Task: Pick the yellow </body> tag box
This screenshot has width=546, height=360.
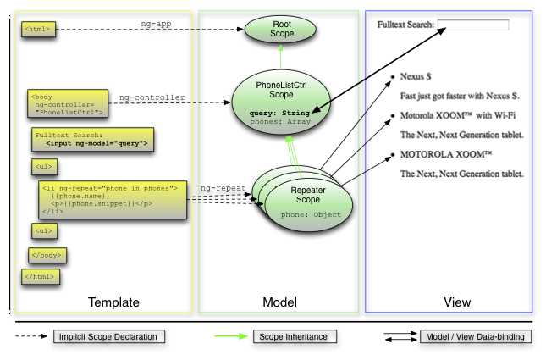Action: point(47,254)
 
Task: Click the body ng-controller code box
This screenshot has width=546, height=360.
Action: point(67,103)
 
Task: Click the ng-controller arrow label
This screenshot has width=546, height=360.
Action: point(152,97)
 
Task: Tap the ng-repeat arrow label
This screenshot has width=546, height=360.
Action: point(222,187)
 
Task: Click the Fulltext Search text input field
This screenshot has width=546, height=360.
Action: point(473,25)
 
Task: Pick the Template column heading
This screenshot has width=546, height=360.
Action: point(113,302)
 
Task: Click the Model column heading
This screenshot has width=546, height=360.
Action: point(279,302)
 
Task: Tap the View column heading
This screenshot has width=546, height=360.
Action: point(457,302)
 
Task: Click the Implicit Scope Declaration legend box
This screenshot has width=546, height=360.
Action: point(108,337)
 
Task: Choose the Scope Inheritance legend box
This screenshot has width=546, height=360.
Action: point(295,337)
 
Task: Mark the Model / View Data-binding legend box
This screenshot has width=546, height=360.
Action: point(476,337)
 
